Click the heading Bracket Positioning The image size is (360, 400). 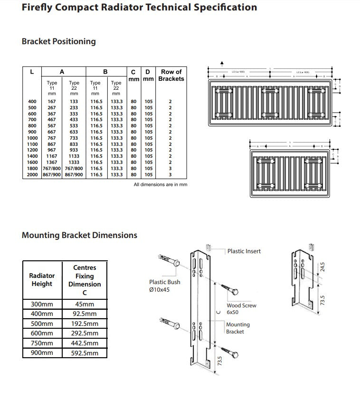coord(58,41)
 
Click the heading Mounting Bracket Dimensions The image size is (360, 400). coord(79,235)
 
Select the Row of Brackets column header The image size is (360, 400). coord(171,75)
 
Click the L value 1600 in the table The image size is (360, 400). coord(32,162)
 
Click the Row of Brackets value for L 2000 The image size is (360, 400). coord(171,175)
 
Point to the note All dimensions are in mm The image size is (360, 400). coord(160,184)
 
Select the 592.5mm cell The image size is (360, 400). coord(85,353)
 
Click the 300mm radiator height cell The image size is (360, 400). coord(42,304)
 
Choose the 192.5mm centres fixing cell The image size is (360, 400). coord(85,324)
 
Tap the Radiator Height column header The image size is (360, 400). coord(42,279)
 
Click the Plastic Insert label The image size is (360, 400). coord(244,251)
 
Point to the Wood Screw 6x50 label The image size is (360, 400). coord(241,309)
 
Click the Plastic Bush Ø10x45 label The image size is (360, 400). coord(164,286)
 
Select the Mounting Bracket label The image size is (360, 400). coord(237,328)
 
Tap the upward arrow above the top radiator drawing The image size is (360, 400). coord(221,64)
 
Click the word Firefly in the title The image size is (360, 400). coord(38,8)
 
